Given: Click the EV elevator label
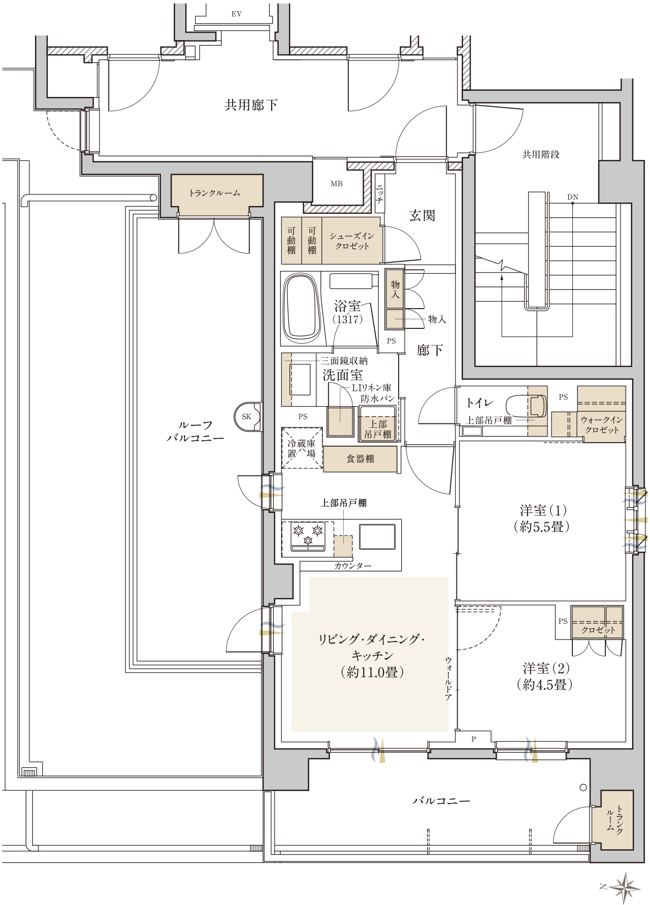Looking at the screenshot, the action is (x=236, y=14).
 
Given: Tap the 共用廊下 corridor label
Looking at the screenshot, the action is (x=251, y=105).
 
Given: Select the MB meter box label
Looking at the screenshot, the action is (x=337, y=184).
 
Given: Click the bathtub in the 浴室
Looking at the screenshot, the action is (x=302, y=309).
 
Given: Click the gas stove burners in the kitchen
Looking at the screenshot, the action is (x=308, y=537).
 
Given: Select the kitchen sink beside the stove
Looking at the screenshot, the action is (x=377, y=537).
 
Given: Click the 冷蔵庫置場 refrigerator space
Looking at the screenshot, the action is (x=302, y=448).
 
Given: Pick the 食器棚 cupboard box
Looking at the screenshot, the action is (x=360, y=459).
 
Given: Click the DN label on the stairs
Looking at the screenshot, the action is (x=573, y=197).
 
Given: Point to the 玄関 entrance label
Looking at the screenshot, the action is (x=422, y=216).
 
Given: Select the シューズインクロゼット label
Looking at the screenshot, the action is (x=352, y=241).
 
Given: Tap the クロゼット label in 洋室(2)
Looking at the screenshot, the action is (x=598, y=630).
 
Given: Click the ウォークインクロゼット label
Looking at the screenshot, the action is (x=602, y=425).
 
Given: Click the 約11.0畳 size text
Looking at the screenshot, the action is (x=372, y=672).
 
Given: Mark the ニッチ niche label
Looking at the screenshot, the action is (x=379, y=193).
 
